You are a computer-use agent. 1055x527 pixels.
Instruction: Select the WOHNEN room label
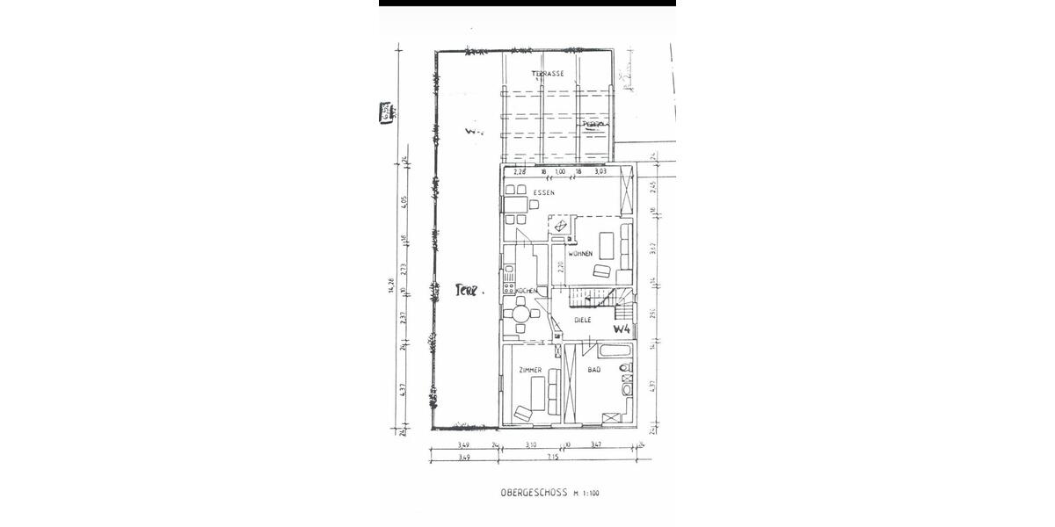point(579,253)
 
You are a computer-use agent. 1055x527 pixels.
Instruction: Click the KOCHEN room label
point(526,291)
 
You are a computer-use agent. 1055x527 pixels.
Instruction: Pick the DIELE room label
point(581,321)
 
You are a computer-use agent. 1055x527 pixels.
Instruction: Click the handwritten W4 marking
point(622,328)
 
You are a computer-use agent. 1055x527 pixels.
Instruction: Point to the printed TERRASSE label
point(547,74)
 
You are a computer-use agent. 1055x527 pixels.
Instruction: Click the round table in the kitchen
point(521,312)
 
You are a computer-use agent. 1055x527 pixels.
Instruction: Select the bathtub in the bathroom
point(614,353)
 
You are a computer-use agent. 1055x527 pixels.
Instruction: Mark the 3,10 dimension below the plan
point(531,445)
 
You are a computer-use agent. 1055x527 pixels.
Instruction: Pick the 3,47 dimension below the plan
point(596,445)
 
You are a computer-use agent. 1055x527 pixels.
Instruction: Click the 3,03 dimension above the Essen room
point(600,172)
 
